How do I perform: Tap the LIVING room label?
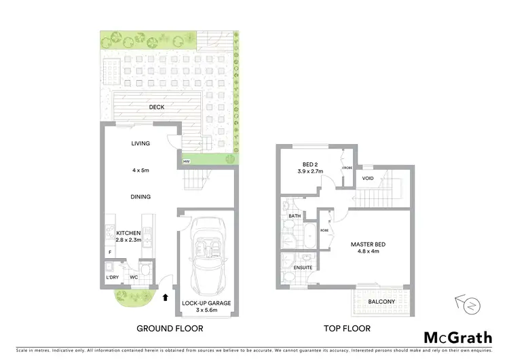coord(140,144)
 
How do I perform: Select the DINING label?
coord(140,197)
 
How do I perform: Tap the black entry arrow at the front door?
coord(166,296)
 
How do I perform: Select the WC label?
coord(134,277)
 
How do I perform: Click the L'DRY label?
coord(113,277)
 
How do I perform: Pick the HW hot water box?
coord(185,161)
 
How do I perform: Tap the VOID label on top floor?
coord(368,179)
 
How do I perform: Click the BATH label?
coord(294,217)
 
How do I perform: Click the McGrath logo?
coord(459,337)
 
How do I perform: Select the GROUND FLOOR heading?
coord(170,329)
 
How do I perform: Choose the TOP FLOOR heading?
coord(347,329)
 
